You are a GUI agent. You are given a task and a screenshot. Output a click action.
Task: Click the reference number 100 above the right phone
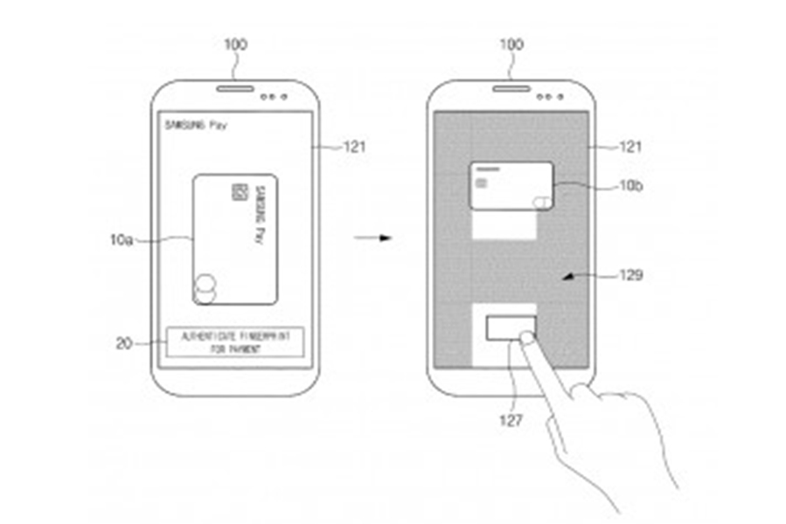(x=511, y=44)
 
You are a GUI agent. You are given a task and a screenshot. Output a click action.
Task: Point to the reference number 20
(x=123, y=343)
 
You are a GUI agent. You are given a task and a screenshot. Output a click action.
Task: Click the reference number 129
(x=630, y=275)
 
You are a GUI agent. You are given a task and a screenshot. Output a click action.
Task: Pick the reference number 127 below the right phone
(x=511, y=420)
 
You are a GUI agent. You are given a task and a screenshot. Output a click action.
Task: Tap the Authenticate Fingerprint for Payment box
(x=236, y=341)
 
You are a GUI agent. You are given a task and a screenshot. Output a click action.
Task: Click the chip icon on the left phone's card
(x=239, y=192)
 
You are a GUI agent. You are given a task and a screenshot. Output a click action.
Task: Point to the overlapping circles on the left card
(x=205, y=289)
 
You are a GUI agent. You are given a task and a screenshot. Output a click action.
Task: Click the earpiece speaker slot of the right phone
(x=511, y=88)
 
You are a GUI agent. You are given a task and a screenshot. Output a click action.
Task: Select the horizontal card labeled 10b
(x=511, y=185)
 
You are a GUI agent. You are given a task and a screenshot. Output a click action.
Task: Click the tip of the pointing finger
(x=526, y=336)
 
